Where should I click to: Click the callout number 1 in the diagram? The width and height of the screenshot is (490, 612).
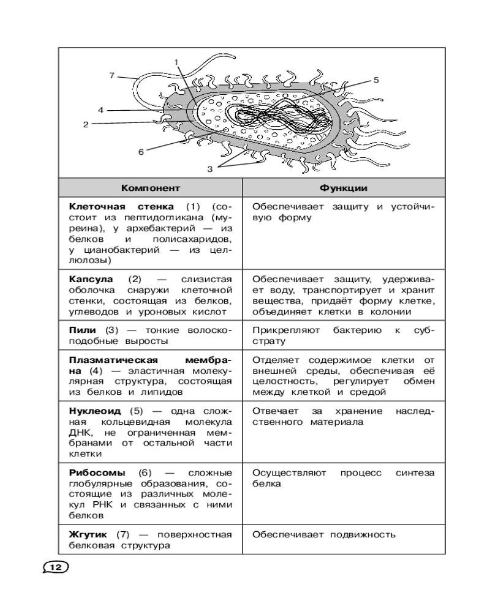point(176,62)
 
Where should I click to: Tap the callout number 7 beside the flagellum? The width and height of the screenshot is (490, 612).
point(112,76)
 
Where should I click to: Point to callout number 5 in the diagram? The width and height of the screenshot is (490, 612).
point(376,80)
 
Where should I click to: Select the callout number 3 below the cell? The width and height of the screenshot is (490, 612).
point(210,169)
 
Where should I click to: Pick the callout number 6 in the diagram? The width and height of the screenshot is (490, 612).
point(140,152)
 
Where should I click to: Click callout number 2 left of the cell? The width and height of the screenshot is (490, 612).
point(86,124)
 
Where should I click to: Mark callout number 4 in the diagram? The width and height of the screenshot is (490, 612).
point(100,110)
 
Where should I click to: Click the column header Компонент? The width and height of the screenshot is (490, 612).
point(150,187)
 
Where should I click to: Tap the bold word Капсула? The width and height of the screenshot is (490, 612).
point(90,278)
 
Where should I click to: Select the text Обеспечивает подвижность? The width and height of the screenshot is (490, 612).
point(323,534)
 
